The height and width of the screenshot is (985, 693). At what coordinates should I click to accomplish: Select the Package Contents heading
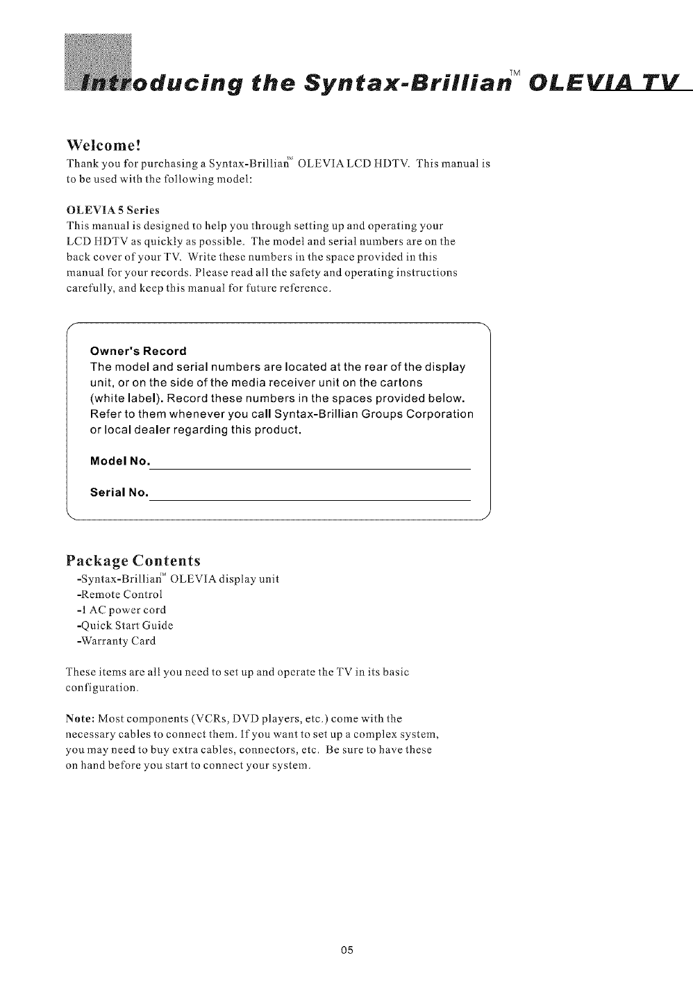[x=133, y=561]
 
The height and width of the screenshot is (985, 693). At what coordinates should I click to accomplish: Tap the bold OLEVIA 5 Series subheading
[x=113, y=210]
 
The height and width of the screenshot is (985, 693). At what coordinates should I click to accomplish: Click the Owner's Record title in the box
[x=138, y=351]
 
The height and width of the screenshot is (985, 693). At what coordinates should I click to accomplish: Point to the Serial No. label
[x=119, y=492]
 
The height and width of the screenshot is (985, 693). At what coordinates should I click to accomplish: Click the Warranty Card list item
[x=116, y=640]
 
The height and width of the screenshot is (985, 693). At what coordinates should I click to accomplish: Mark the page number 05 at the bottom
[x=347, y=950]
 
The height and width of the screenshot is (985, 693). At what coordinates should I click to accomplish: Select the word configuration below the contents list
[x=102, y=688]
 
